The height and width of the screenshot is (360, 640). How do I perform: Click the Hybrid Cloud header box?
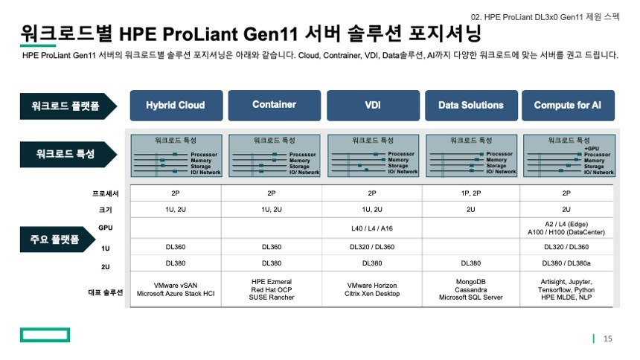click(x=176, y=106)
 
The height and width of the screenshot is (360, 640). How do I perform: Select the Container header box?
click(x=275, y=106)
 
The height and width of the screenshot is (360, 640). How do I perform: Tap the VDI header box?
click(x=373, y=106)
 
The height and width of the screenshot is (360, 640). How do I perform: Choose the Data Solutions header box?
click(x=471, y=106)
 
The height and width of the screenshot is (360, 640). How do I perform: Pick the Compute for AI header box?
click(x=568, y=106)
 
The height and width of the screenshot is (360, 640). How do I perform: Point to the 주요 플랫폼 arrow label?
click(x=57, y=240)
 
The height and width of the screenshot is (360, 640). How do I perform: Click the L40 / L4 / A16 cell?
click(x=372, y=228)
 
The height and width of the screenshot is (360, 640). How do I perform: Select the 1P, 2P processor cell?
click(x=470, y=193)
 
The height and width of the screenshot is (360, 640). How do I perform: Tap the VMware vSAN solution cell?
click(x=176, y=289)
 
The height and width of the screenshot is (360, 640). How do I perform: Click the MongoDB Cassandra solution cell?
click(x=470, y=289)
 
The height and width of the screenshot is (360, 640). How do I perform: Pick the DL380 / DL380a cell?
click(x=566, y=263)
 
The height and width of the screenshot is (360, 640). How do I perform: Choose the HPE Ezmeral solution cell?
click(x=272, y=289)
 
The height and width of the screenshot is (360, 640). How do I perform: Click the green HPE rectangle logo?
click(x=45, y=335)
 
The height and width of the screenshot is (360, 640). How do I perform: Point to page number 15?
click(x=608, y=338)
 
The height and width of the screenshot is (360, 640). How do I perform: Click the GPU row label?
click(x=106, y=228)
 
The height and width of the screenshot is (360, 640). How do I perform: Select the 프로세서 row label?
click(x=106, y=193)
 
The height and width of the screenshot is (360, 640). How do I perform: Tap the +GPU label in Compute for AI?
click(x=592, y=149)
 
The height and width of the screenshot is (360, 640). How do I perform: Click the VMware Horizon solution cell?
click(x=372, y=289)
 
